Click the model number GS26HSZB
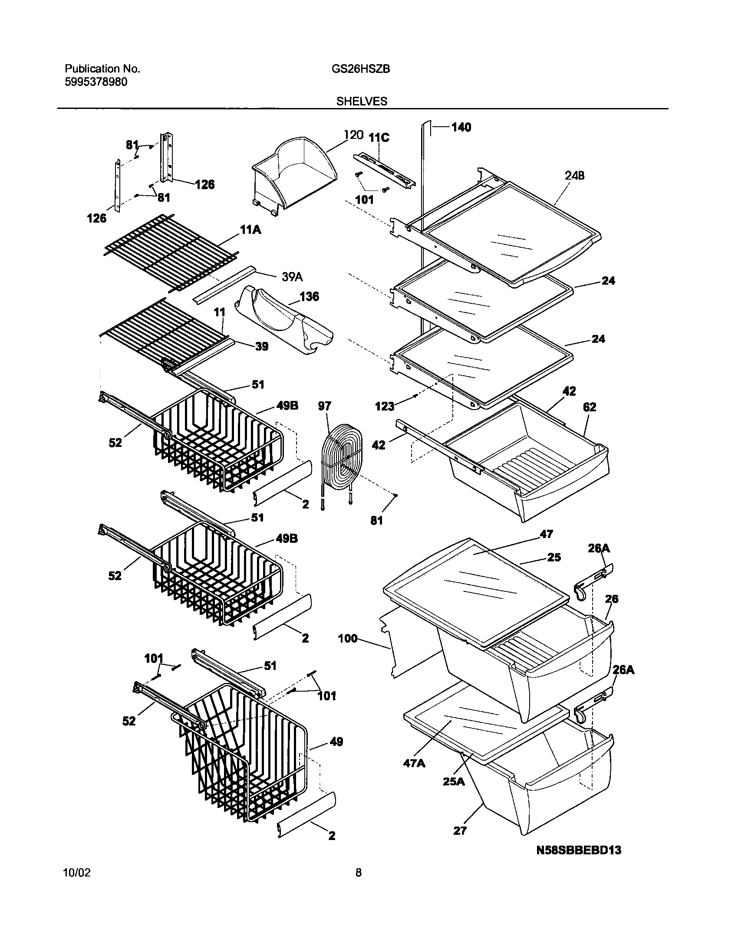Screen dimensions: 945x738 357,69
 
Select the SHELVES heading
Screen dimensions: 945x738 362,101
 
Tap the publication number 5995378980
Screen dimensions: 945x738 96,82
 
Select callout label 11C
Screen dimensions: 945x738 379,138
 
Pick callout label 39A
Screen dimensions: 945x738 292,277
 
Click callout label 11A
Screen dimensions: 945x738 250,230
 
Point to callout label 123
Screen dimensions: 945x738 385,406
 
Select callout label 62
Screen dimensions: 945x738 590,407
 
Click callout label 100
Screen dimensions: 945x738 348,638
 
